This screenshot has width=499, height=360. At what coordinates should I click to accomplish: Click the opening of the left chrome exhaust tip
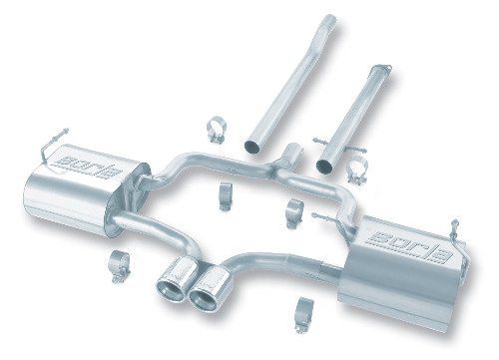[170, 291]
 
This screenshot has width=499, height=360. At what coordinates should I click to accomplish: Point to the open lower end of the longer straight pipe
[254, 146]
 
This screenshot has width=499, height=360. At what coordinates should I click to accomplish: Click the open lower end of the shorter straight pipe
[326, 166]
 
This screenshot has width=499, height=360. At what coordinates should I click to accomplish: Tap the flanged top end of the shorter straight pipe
[381, 69]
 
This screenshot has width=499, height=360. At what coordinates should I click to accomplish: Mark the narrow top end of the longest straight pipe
[329, 19]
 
